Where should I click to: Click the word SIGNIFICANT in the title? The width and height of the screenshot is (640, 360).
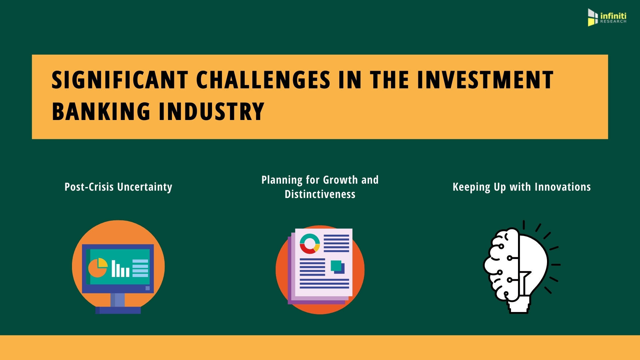[x=120, y=80]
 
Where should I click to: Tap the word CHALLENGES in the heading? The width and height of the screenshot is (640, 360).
[x=263, y=80]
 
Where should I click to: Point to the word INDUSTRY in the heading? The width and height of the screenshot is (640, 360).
[x=212, y=111]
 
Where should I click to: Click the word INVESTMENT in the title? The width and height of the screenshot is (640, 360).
[x=485, y=80]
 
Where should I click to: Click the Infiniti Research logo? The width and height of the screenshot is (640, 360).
[x=607, y=17]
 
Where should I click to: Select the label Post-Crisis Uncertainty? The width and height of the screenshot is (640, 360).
[x=118, y=187]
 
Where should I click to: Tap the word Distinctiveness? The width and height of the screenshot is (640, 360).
[x=320, y=194]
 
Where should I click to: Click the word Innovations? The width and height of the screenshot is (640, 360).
[x=563, y=187]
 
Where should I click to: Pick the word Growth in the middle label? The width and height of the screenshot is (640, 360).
[x=340, y=180]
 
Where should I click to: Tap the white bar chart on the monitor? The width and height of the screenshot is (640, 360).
[x=120, y=269]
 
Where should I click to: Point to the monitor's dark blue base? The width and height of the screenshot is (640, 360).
[x=118, y=310]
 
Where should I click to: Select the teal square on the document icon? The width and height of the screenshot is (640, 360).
[x=336, y=265]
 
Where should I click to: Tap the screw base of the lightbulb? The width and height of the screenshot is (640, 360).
[x=519, y=306]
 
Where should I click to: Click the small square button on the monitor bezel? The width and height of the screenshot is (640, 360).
[x=148, y=288]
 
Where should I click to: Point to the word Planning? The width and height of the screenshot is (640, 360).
[x=282, y=180]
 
